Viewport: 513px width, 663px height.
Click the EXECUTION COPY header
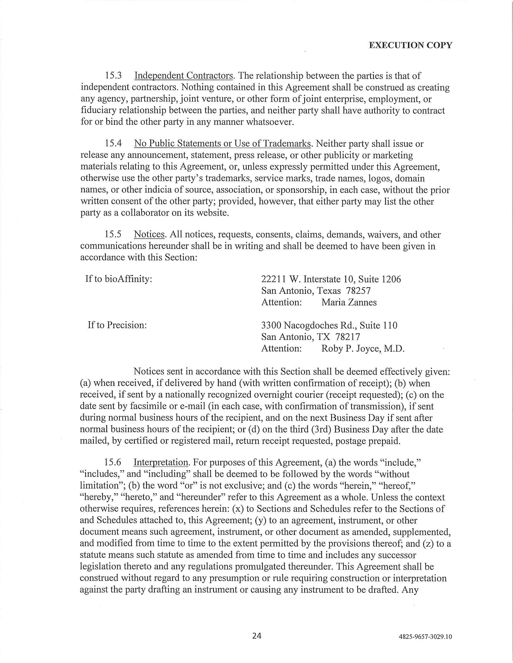pyautogui.click(x=410, y=45)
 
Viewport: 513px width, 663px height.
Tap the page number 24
pyautogui.click(x=257, y=635)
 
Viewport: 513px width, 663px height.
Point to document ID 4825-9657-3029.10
pyautogui.click(x=425, y=636)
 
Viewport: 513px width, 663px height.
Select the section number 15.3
pyautogui.click(x=113, y=76)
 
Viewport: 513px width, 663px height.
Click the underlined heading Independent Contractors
pyautogui.click(x=183, y=76)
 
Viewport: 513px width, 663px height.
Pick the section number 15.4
pyautogui.click(x=113, y=143)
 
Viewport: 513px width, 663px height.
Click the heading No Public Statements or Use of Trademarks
pyautogui.click(x=222, y=143)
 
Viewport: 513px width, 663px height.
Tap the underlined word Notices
pyautogui.click(x=149, y=234)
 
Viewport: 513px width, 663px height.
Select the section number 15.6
pyautogui.click(x=113, y=462)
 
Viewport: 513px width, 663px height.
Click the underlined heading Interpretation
pyautogui.click(x=161, y=462)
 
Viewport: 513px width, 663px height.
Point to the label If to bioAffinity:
pyautogui.click(x=119, y=279)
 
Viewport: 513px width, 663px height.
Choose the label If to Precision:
pyautogui.click(x=117, y=325)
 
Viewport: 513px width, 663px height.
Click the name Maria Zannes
pyautogui.click(x=349, y=302)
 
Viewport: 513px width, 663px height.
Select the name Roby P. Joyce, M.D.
pyautogui.click(x=363, y=348)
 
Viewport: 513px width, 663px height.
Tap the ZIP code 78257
pyautogui.click(x=358, y=291)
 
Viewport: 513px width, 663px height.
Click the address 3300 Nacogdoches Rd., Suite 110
pyautogui.click(x=329, y=325)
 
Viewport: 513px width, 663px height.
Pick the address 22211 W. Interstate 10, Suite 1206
pyautogui.click(x=331, y=279)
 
